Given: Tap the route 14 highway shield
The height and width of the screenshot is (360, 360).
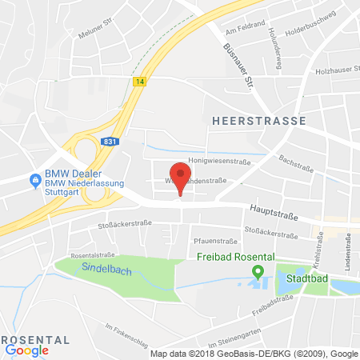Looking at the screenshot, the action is point(141,81).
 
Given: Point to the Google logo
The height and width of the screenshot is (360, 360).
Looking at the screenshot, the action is point(26,349).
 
